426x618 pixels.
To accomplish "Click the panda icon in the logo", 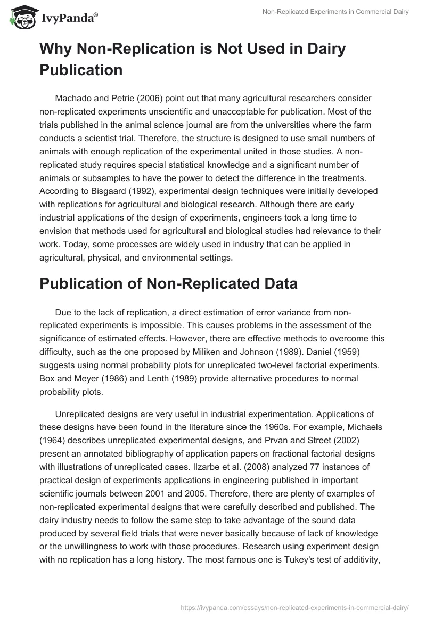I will tap(21, 17).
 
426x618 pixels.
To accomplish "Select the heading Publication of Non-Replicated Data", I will tap(168, 284).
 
